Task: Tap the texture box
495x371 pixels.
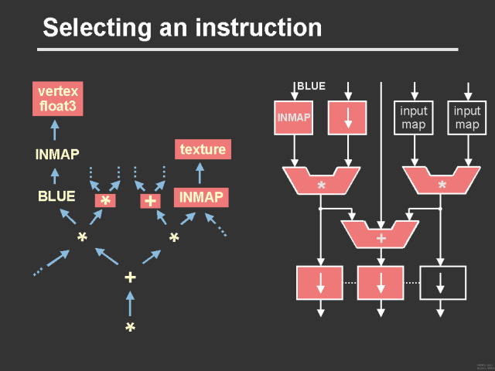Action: (x=202, y=149)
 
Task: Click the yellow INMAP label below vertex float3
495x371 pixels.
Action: (x=57, y=154)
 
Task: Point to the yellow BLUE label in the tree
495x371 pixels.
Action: (x=56, y=196)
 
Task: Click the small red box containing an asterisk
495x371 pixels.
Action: (x=105, y=201)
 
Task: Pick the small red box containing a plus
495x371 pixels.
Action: (x=149, y=201)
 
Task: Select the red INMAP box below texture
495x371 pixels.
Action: (x=201, y=198)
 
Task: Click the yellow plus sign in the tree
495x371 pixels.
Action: (x=130, y=277)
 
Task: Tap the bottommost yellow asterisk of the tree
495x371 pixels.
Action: (x=130, y=328)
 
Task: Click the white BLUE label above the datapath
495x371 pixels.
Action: (x=312, y=86)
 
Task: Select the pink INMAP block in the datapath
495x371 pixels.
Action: (x=293, y=117)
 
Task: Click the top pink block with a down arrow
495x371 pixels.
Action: (x=347, y=117)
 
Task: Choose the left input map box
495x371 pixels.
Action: (x=414, y=117)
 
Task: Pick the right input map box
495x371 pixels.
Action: (x=467, y=117)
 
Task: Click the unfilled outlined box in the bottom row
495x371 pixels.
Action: (x=441, y=283)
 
